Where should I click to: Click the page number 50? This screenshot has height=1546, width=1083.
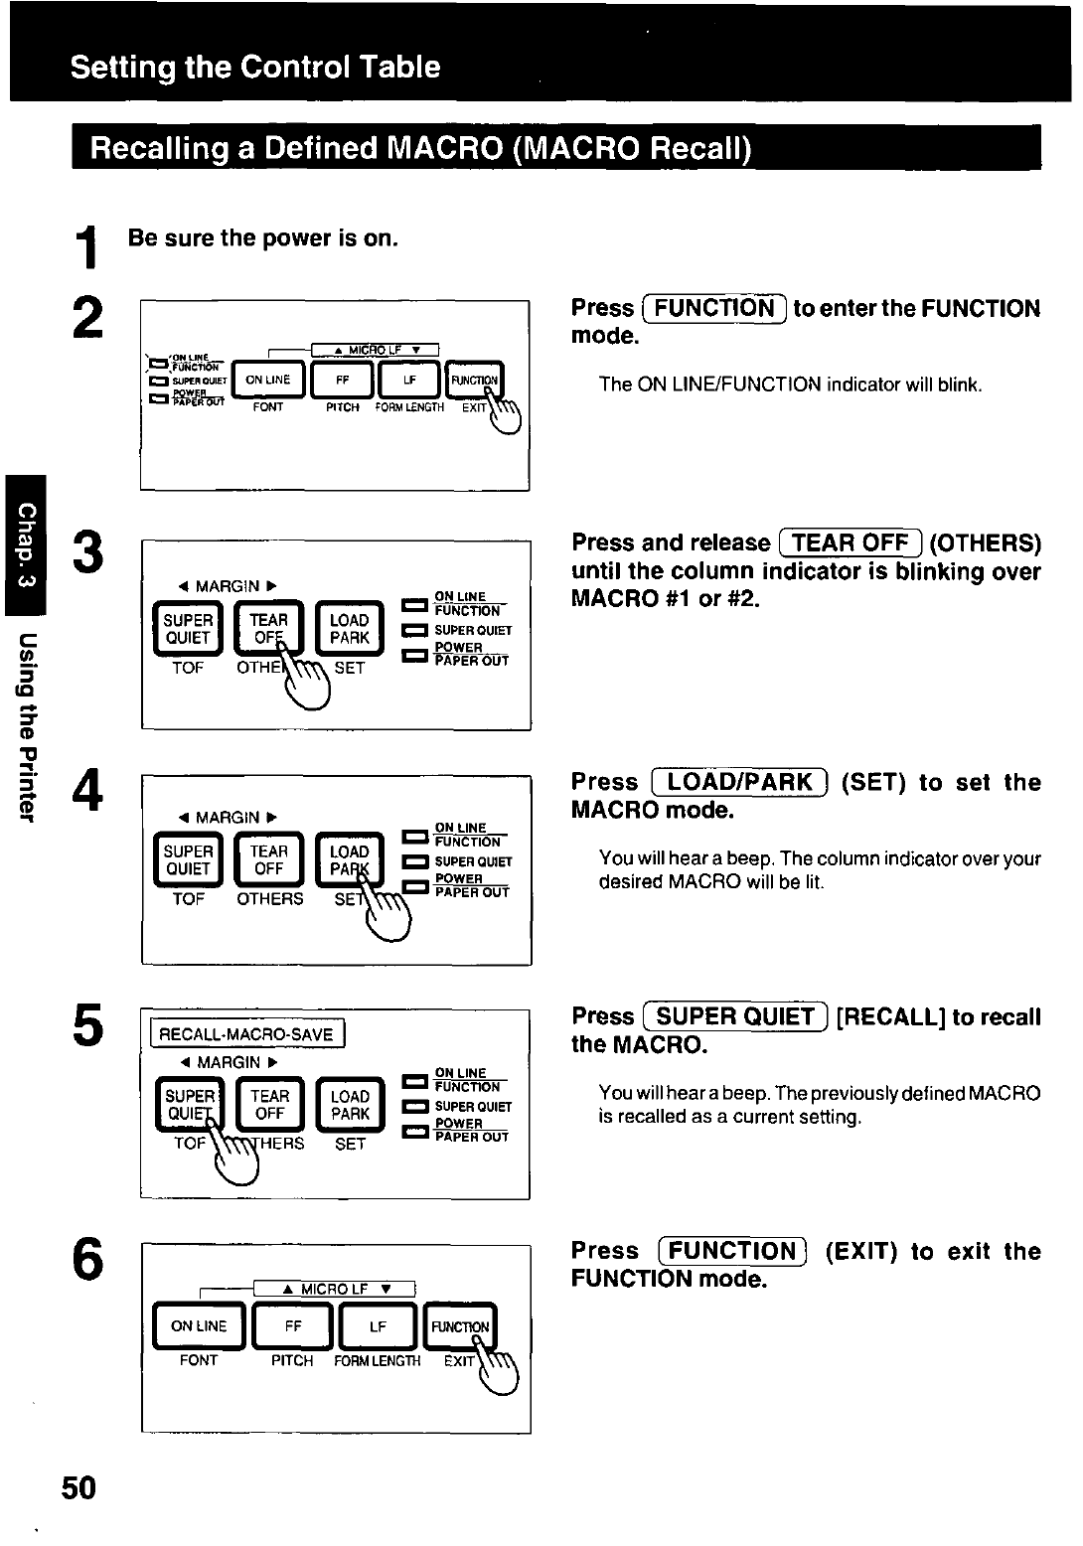(78, 1487)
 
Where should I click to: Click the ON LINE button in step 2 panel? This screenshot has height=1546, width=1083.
(268, 381)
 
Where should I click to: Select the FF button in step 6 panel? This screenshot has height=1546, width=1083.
(293, 1326)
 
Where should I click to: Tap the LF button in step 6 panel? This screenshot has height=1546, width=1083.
(378, 1326)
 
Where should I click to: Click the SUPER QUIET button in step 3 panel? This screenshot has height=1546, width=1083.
(188, 629)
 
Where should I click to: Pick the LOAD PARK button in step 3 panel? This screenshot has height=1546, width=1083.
(349, 629)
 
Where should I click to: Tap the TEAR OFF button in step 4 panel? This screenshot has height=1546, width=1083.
(268, 860)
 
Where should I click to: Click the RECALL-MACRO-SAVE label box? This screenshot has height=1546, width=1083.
(246, 1034)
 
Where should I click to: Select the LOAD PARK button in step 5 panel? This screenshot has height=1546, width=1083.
(350, 1105)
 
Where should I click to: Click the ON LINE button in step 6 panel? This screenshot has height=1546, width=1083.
(199, 1326)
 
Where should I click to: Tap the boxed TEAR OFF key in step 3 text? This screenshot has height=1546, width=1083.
(851, 542)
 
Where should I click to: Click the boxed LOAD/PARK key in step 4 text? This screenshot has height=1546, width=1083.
(739, 782)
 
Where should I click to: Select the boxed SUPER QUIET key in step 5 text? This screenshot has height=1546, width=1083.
(735, 1016)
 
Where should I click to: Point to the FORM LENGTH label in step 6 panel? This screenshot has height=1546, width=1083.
(378, 1361)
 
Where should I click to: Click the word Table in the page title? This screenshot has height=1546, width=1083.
(400, 67)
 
